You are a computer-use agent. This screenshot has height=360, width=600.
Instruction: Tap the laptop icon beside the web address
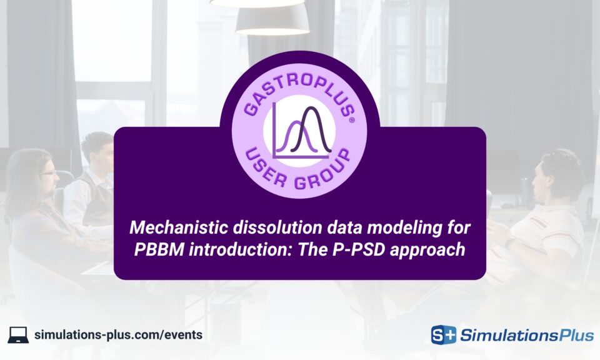pos(18,334)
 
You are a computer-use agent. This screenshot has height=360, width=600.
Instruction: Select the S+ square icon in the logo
pos(444,335)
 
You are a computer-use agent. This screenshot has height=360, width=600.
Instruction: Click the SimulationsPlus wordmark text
pos(526,336)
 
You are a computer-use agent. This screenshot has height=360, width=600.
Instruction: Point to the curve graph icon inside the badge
pos(300,129)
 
